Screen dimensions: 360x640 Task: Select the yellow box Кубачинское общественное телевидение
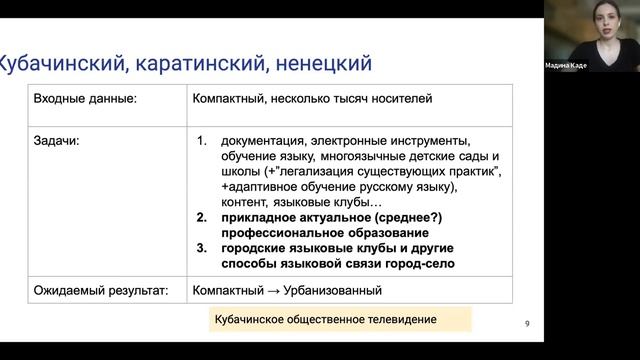(x=336, y=321)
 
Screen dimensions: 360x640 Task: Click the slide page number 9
(x=527, y=323)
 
